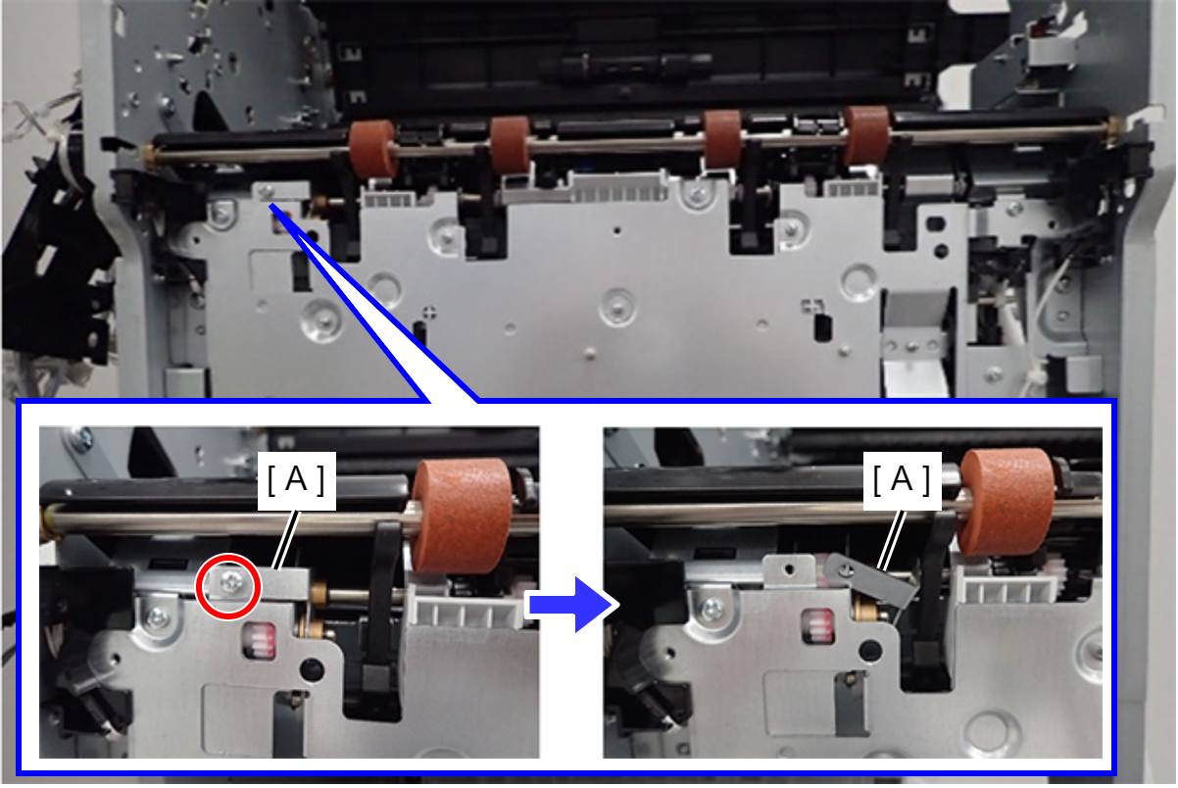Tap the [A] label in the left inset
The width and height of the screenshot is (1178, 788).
[297, 480]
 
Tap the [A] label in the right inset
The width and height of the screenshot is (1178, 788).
[902, 480]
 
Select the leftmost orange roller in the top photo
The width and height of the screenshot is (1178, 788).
[372, 149]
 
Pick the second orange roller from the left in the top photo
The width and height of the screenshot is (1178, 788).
[511, 145]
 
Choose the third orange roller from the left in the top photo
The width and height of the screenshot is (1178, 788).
[723, 139]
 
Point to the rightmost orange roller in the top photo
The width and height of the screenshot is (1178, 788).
[867, 135]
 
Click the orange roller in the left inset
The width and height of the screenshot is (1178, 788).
[462, 516]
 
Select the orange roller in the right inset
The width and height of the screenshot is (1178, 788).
[1007, 503]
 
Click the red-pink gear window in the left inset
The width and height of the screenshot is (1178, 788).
[260, 641]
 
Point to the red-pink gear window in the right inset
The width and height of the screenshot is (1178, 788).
[818, 626]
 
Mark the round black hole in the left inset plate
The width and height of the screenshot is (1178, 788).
[312, 669]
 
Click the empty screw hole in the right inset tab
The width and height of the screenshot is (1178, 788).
[789, 569]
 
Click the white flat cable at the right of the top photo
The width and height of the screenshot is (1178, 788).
[917, 376]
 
